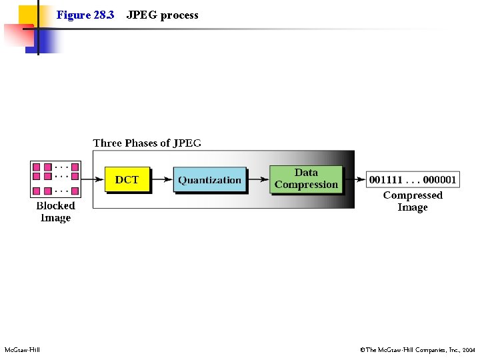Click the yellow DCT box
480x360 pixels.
point(127,179)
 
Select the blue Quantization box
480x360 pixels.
point(209,180)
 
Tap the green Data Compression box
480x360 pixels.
point(306,179)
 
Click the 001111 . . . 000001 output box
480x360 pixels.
point(413,179)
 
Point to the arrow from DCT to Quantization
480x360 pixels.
point(162,180)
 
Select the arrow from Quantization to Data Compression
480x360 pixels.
point(258,180)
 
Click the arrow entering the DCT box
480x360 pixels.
point(93,179)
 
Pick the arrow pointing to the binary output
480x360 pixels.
point(355,179)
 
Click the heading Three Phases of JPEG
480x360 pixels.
point(147,143)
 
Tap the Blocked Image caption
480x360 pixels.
point(55,211)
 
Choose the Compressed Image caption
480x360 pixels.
point(413,201)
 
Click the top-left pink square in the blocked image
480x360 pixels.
point(37,167)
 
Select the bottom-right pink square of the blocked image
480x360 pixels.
point(75,191)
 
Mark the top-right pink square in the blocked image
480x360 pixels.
point(75,167)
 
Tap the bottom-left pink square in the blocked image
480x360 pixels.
point(37,191)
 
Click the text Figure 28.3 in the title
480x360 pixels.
point(85,15)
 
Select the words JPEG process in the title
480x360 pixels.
point(162,15)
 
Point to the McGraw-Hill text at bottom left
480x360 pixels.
point(22,350)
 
